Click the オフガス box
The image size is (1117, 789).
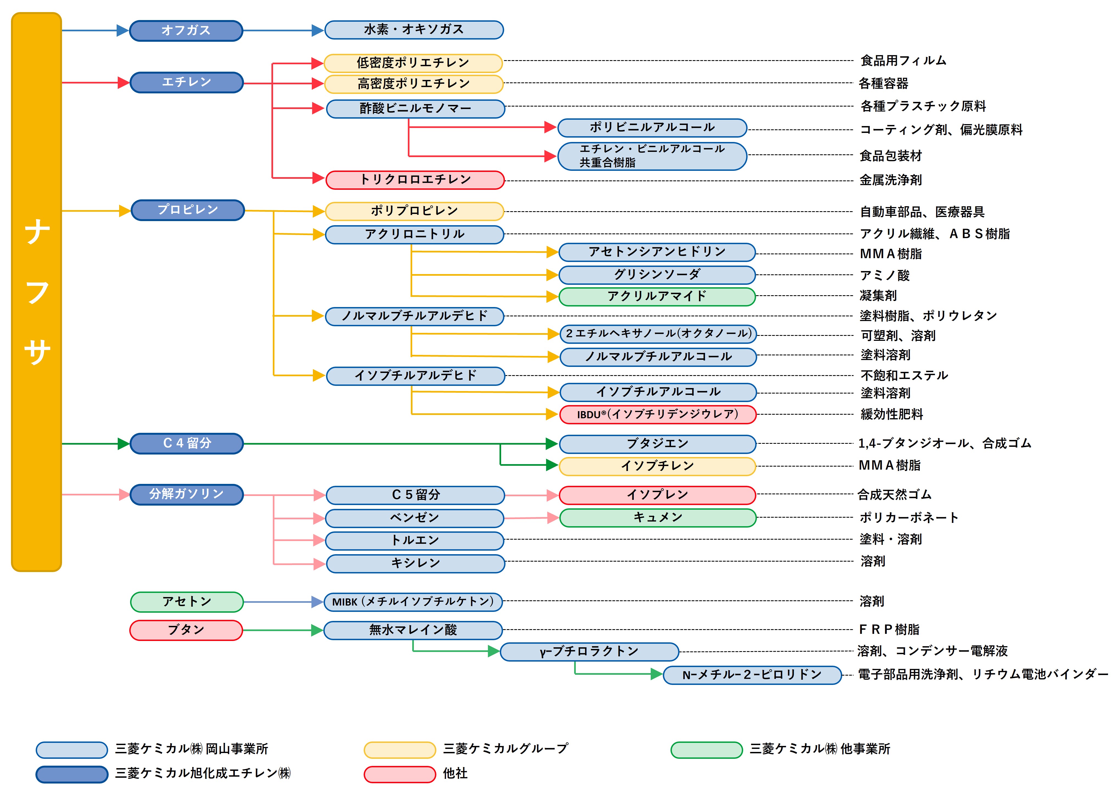[x=186, y=31]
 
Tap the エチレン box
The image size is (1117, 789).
[x=186, y=82]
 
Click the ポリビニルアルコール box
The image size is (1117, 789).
[x=652, y=127]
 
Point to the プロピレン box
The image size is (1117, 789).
[x=187, y=210]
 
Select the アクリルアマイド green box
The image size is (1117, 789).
[x=657, y=296]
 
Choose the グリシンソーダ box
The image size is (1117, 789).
[x=657, y=275]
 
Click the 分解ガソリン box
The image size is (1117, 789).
[x=186, y=495]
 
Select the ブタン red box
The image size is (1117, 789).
[x=186, y=630]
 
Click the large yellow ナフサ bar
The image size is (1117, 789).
[x=37, y=292]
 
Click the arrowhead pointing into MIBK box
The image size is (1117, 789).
[x=317, y=602]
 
